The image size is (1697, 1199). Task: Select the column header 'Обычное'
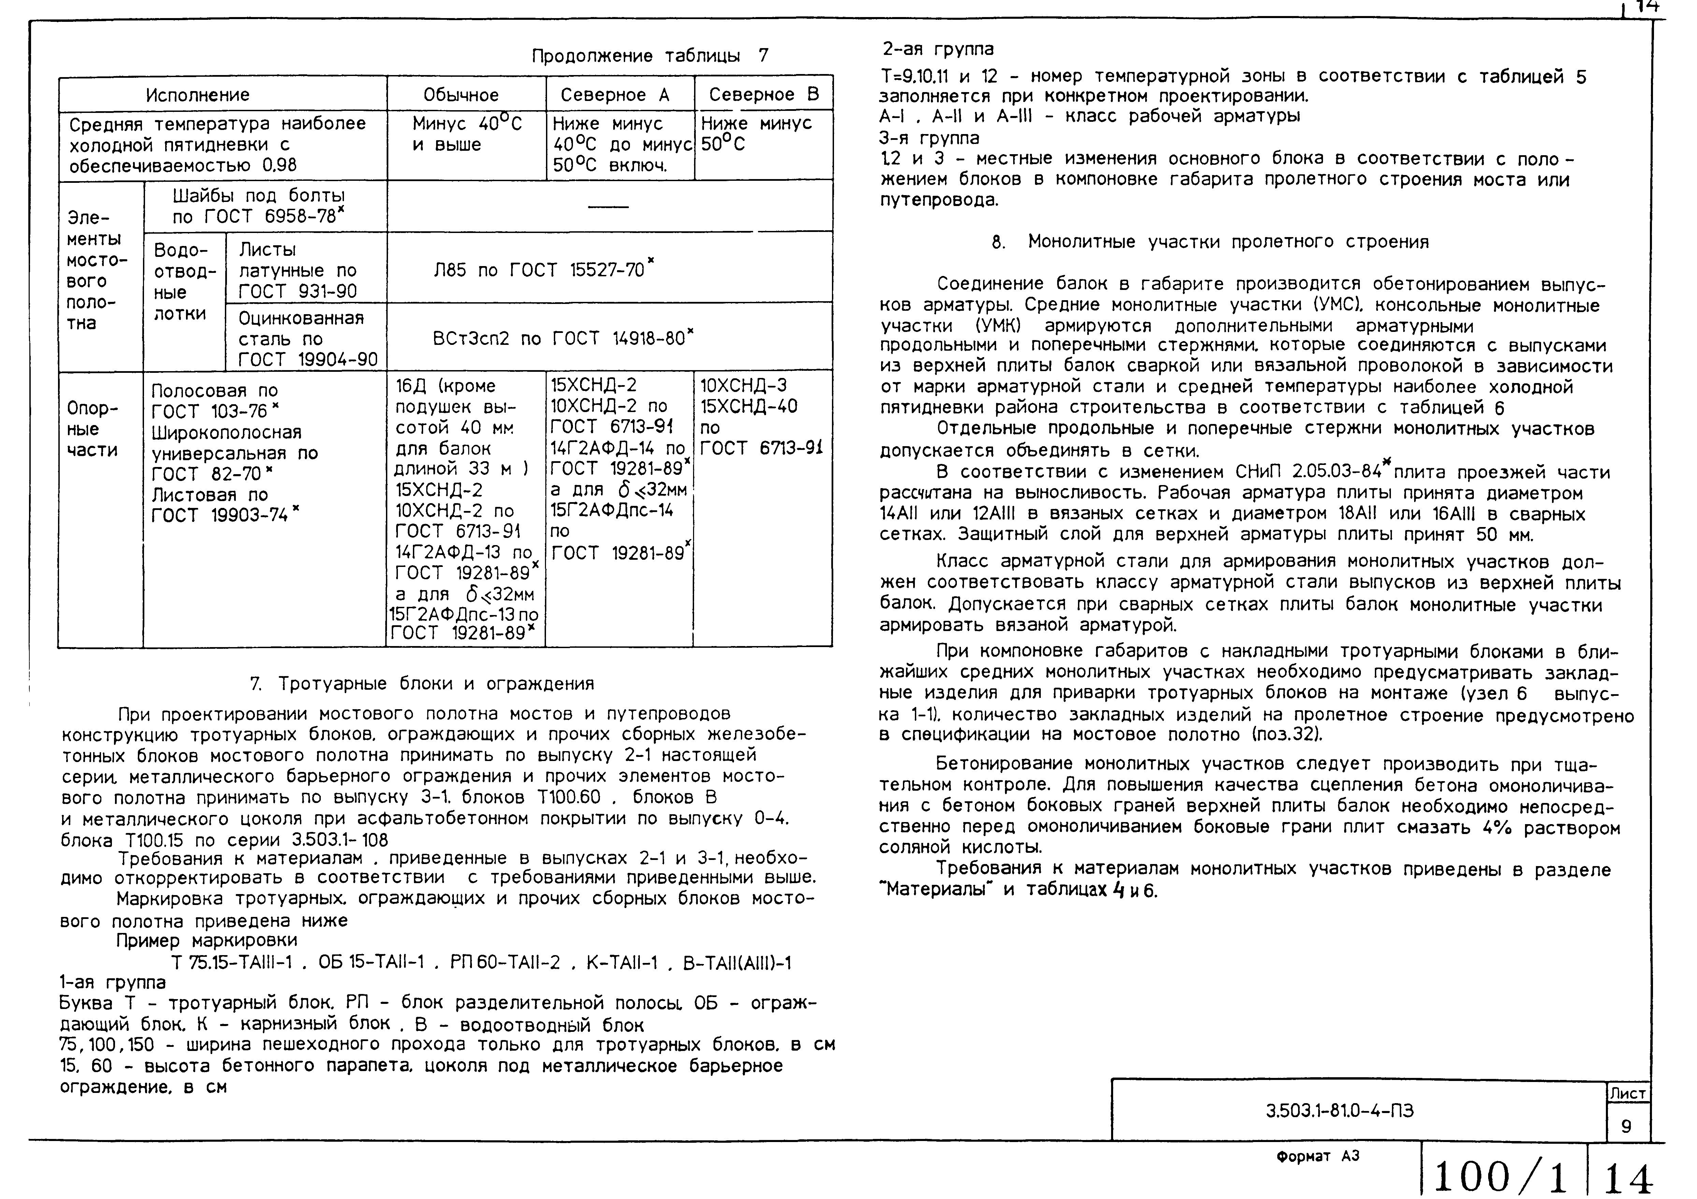point(461,94)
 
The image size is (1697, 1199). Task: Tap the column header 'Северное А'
point(615,94)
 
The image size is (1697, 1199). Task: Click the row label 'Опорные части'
point(92,429)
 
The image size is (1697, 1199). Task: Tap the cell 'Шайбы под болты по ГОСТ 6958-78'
point(259,206)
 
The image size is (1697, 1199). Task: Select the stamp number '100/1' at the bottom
point(1500,1176)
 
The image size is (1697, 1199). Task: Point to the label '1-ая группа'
point(112,982)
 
